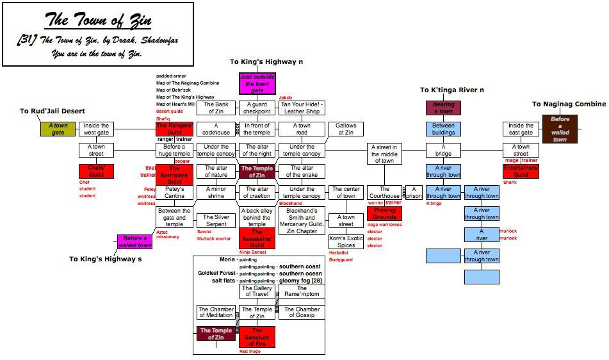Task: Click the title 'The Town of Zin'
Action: pos(98,20)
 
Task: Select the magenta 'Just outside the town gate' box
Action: pos(257,84)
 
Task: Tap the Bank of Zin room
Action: pos(216,108)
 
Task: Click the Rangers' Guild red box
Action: pos(174,129)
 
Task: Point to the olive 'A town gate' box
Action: pos(58,129)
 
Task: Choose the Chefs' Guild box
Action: pos(96,171)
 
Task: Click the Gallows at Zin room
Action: pos(346,129)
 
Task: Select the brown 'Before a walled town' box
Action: pos(560,129)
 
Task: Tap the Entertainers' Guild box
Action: pos(521,171)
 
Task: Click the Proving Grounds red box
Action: pos(384,213)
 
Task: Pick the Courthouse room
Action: pos(384,192)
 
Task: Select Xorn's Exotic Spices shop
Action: pos(346,241)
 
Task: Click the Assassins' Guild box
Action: pos(257,238)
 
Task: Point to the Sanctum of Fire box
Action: pos(257,337)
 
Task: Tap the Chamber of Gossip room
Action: pos(302,312)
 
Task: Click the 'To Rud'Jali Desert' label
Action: pos(53,111)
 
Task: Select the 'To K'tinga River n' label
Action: pos(452,90)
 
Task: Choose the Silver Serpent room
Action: pos(216,220)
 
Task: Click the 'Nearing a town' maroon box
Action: pos(443,108)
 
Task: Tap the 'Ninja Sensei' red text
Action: pos(252,252)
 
